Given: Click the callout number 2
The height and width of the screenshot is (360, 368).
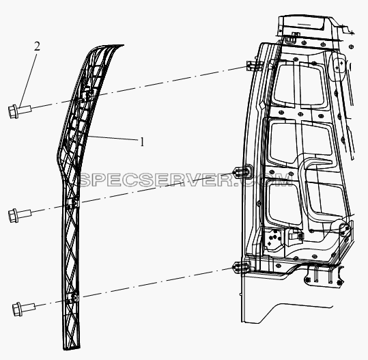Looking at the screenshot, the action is [37, 46].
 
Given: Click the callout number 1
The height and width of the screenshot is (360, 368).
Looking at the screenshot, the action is [142, 142].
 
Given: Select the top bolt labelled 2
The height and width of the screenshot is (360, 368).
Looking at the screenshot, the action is [20, 111].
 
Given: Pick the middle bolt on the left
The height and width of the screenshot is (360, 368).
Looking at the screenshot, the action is [20, 214].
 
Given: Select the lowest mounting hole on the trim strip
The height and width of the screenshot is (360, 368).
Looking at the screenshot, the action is [73, 299].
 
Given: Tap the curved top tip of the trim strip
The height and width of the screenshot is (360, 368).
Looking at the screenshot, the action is [119, 45].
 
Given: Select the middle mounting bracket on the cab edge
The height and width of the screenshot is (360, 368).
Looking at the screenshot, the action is [242, 171].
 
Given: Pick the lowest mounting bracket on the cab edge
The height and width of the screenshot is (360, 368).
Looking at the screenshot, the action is [241, 267].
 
